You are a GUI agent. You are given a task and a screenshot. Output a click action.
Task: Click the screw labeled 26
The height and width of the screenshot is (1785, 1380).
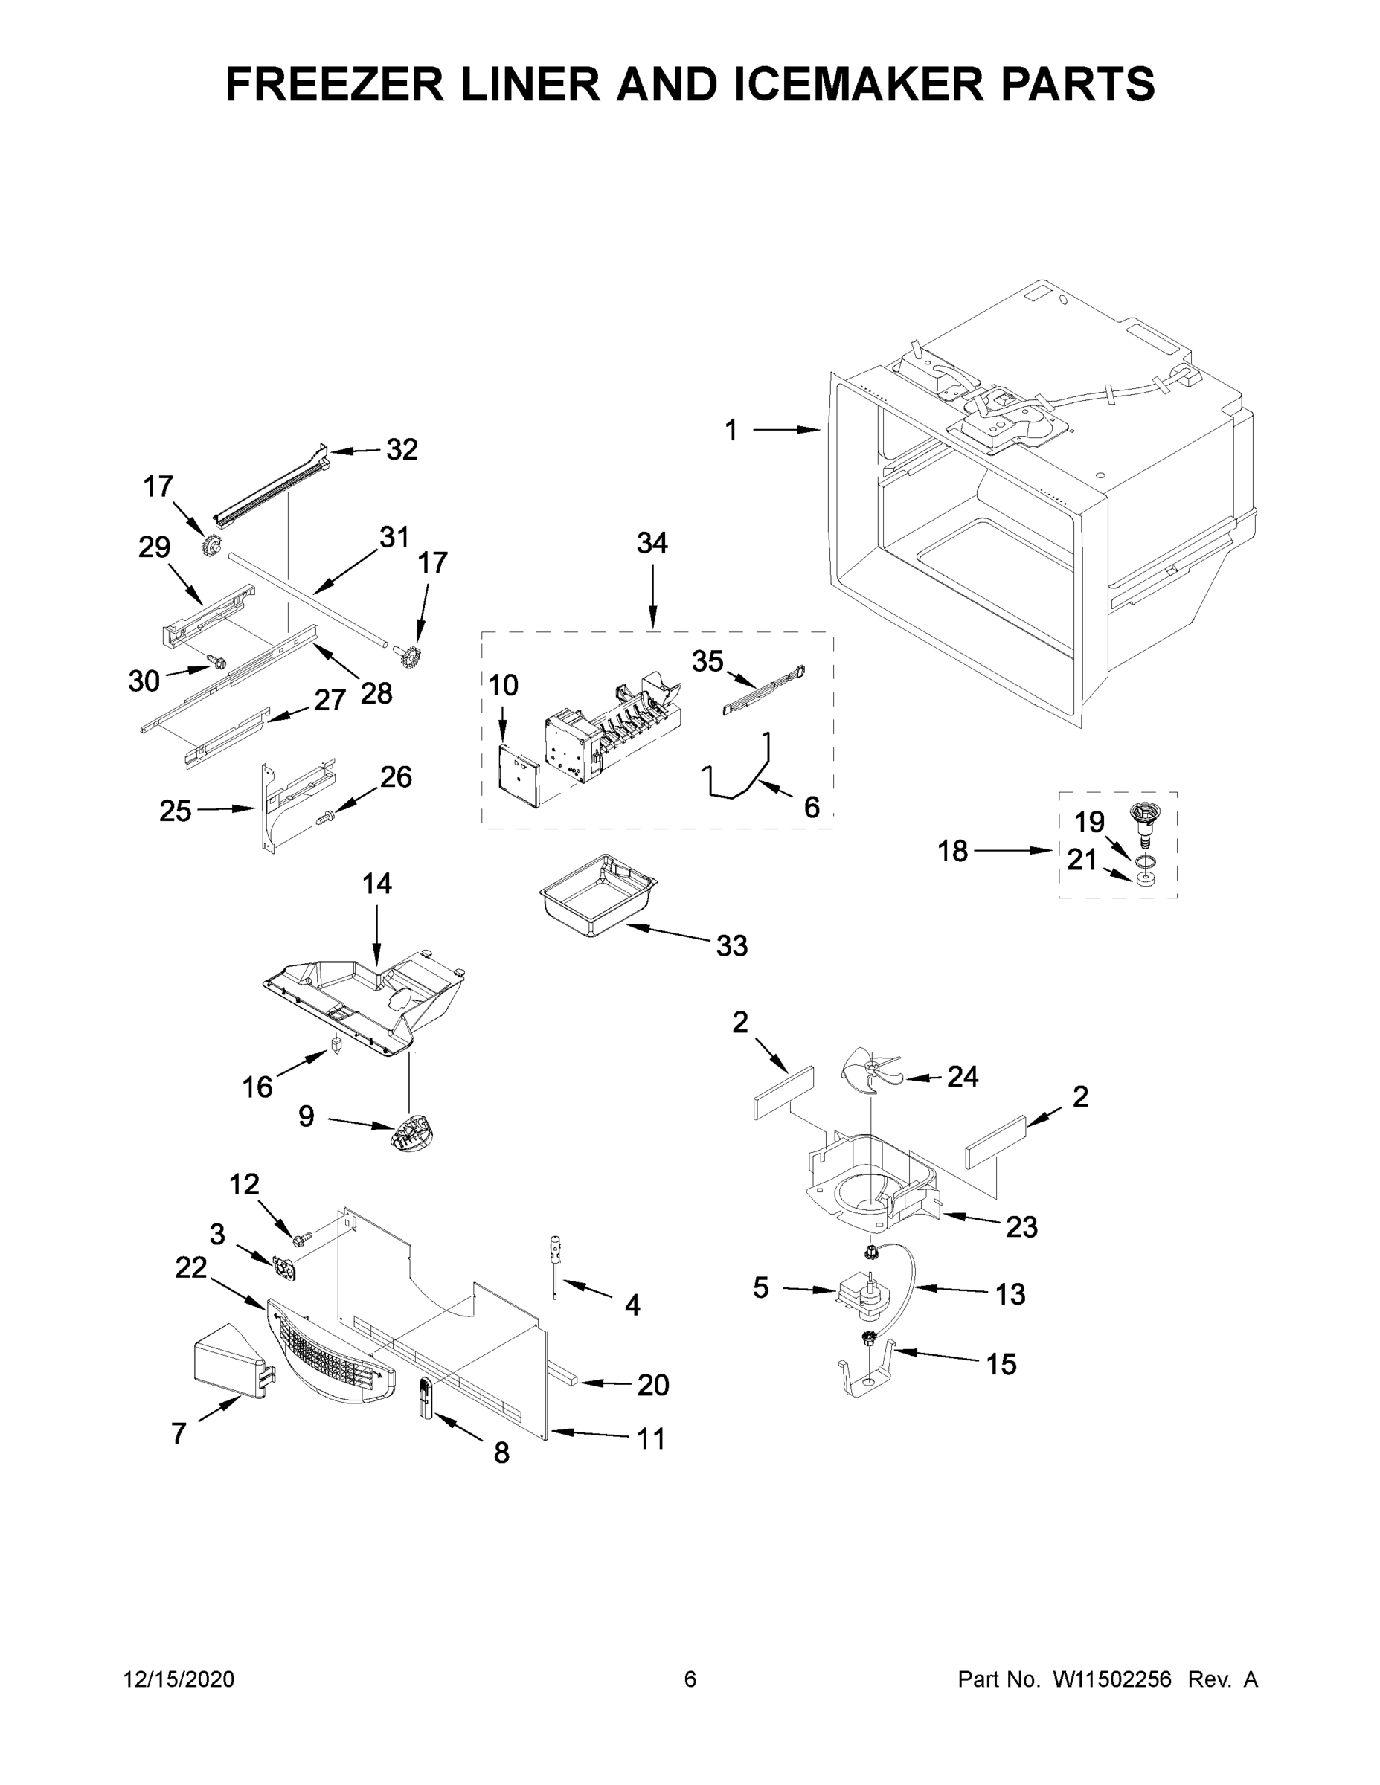point(326,817)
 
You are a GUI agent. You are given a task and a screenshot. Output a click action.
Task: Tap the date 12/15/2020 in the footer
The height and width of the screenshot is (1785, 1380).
point(179,1680)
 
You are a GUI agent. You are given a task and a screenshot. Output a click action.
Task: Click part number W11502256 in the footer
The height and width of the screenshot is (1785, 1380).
point(1112,1680)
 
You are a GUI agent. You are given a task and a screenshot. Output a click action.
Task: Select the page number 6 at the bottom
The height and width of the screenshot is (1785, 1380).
point(690,1680)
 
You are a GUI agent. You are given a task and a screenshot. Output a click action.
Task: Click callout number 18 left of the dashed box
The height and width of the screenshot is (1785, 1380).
point(952,852)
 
